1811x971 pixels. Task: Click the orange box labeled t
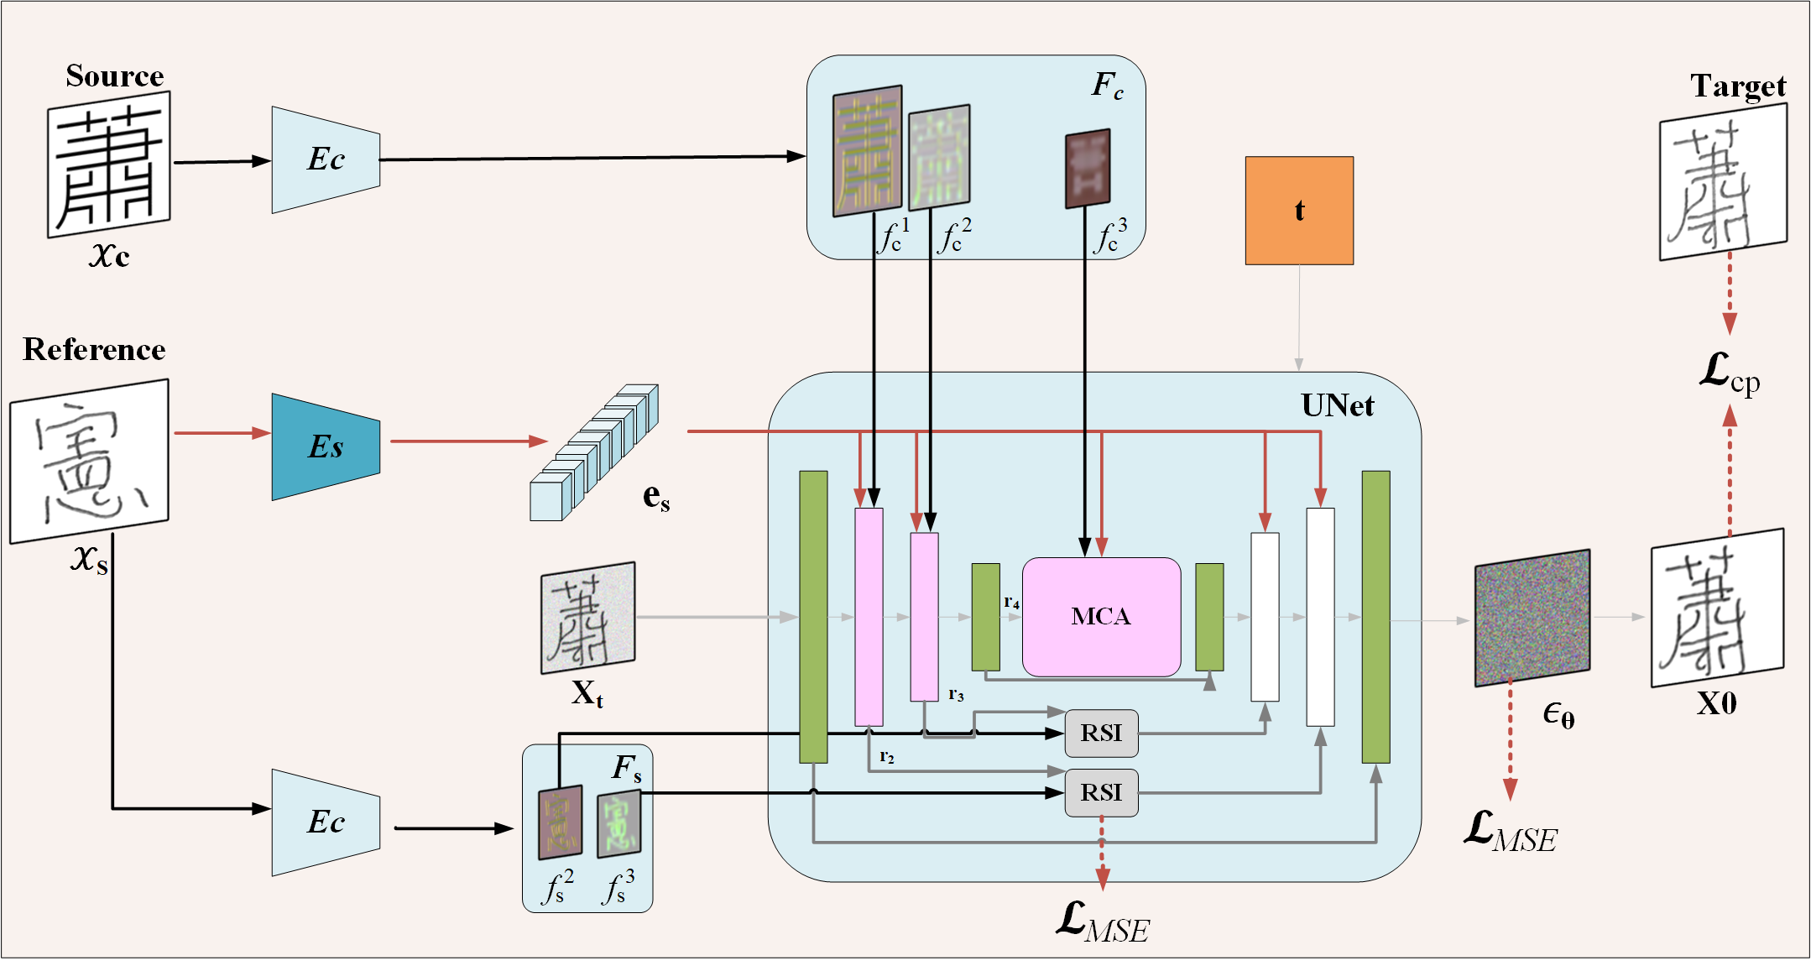(1298, 211)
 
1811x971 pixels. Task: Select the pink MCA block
(1101, 617)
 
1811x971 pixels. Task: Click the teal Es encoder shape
(326, 446)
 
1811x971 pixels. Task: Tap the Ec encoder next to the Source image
(326, 159)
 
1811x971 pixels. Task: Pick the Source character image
(108, 164)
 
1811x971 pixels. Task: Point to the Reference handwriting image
(89, 461)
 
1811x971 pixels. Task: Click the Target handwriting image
(1722, 181)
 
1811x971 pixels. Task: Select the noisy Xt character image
(587, 618)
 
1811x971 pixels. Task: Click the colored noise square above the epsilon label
(1532, 618)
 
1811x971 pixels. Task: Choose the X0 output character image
(1716, 608)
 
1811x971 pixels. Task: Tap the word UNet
(1337, 405)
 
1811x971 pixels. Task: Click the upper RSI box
(1101, 733)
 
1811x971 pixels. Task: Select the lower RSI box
(1101, 792)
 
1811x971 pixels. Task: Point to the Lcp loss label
(1729, 372)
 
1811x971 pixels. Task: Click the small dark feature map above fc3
(1088, 168)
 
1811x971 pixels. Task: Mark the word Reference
(94, 349)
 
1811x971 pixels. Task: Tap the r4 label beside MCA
(1011, 602)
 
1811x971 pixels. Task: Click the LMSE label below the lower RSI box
(1102, 922)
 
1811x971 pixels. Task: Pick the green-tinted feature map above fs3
(618, 823)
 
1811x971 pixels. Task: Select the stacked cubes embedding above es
(594, 453)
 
